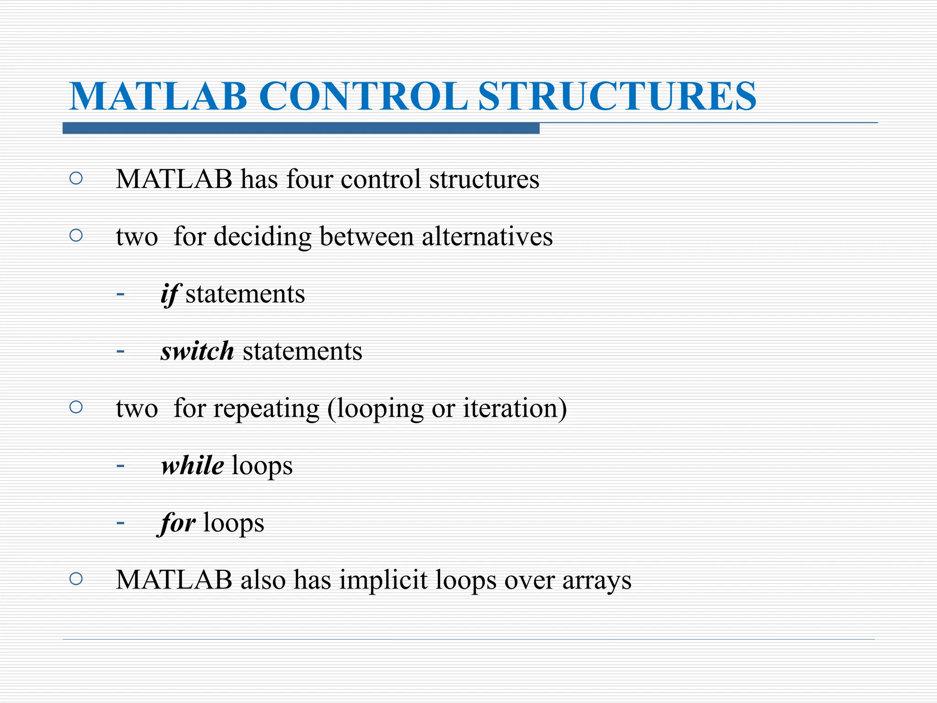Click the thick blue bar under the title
click(301, 128)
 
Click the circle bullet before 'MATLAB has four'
click(76, 178)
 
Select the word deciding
click(263, 238)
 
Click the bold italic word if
click(171, 294)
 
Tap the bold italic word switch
click(197, 351)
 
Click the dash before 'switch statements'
click(120, 351)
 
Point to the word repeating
click(266, 409)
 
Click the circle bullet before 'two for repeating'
click(76, 407)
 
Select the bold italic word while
click(193, 465)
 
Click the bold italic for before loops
click(178, 523)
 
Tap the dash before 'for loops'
click(120, 523)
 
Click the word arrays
click(597, 581)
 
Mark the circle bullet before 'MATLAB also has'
click(76, 579)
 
